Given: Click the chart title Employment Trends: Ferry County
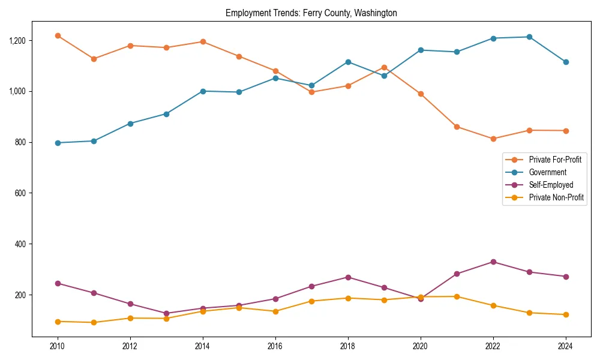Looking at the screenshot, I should click(x=311, y=13).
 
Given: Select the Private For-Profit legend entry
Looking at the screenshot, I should click(x=555, y=160).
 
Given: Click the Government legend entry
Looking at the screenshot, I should click(x=547, y=172).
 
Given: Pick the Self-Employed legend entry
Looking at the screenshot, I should click(x=551, y=185).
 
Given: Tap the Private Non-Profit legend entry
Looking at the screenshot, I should click(x=556, y=197).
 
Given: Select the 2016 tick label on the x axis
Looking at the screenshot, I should click(x=275, y=346).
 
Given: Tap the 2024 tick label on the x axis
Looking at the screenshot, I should click(x=565, y=346).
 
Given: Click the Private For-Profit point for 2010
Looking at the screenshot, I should click(x=58, y=35).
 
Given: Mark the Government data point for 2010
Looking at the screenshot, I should click(x=58, y=143).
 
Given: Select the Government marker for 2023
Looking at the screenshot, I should click(x=529, y=37).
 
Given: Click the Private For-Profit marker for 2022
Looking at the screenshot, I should click(x=493, y=139).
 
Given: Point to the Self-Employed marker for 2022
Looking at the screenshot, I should click(x=493, y=262).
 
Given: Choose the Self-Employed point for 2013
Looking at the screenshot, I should click(x=166, y=313).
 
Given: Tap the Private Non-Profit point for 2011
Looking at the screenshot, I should click(x=94, y=322).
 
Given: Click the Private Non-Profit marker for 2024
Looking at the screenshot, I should click(x=565, y=314).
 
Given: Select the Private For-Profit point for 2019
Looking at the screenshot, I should click(x=384, y=67).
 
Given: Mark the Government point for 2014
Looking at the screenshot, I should click(x=203, y=91).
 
